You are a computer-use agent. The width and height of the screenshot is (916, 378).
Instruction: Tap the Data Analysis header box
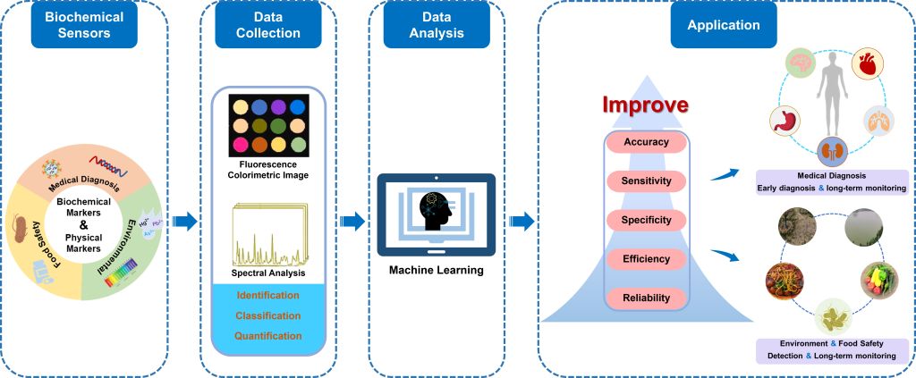pyautogui.click(x=437, y=25)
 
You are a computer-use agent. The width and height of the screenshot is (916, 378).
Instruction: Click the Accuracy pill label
pyautogui.click(x=645, y=143)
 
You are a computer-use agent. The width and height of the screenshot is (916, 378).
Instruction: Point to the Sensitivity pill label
pyautogui.click(x=645, y=181)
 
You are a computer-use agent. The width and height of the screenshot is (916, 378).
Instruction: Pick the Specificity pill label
pyautogui.click(x=645, y=220)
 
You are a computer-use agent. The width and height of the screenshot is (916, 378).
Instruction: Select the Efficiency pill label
pyautogui.click(x=645, y=259)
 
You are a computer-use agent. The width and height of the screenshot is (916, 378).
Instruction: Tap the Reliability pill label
pyautogui.click(x=645, y=298)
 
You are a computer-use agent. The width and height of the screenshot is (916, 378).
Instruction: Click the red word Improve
pyautogui.click(x=645, y=104)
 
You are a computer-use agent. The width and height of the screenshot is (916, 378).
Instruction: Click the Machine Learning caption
pyautogui.click(x=436, y=269)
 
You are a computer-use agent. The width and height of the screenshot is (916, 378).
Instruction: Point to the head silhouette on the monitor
pyautogui.click(x=437, y=211)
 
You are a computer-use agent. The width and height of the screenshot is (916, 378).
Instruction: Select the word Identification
pyautogui.click(x=268, y=296)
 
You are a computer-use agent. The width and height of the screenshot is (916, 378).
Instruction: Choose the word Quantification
pyautogui.click(x=268, y=336)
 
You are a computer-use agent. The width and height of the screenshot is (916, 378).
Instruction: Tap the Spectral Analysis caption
pyautogui.click(x=268, y=273)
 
